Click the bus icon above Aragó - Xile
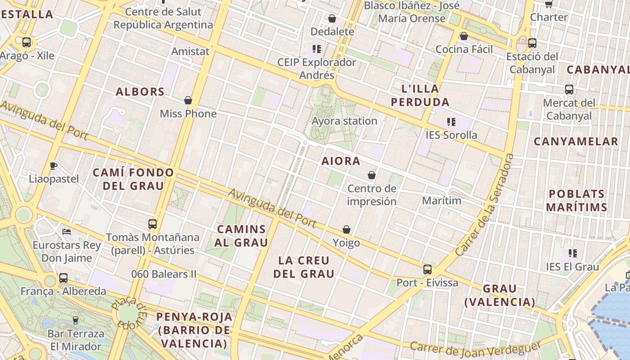(27, 42)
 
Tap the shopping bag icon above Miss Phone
(188, 100)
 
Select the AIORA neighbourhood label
(341, 161)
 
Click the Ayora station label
(344, 121)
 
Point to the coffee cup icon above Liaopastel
(53, 166)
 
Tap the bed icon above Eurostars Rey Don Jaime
(67, 232)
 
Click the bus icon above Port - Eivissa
(427, 270)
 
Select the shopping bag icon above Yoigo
(346, 230)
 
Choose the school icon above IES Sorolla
(451, 121)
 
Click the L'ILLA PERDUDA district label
(420, 95)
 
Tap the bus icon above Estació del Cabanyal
(532, 43)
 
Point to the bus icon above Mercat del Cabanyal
(569, 90)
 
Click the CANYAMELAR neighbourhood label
(576, 142)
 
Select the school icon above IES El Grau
(572, 253)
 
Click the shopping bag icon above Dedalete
(332, 18)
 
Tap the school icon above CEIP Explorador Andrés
(317, 49)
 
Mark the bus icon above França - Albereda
(63, 278)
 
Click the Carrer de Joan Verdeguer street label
(475, 349)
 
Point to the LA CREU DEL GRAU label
(304, 267)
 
